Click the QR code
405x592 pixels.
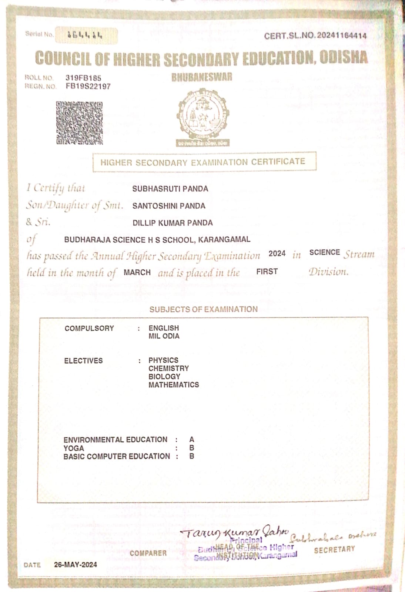pyautogui.click(x=79, y=123)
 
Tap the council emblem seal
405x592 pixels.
pyautogui.click(x=202, y=116)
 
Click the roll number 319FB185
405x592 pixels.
pyautogui.click(x=83, y=78)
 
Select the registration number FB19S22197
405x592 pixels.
pyautogui.click(x=88, y=87)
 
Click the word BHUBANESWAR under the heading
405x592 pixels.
pyautogui.click(x=202, y=77)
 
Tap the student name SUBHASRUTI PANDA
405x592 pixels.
pyautogui.click(x=170, y=189)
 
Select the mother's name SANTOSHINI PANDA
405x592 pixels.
pyautogui.click(x=169, y=206)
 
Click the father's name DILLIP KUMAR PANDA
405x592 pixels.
pyautogui.click(x=173, y=223)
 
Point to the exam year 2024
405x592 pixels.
pyautogui.click(x=277, y=253)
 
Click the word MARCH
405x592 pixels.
pyautogui.click(x=137, y=272)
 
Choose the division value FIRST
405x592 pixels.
pyautogui.click(x=267, y=272)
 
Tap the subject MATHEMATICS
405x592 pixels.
pyautogui.click(x=174, y=385)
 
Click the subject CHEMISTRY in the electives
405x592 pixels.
pyautogui.click(x=168, y=369)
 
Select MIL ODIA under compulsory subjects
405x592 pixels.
pyautogui.click(x=164, y=336)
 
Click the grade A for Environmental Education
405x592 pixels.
pyautogui.click(x=191, y=440)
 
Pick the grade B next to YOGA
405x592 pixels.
pyautogui.click(x=191, y=448)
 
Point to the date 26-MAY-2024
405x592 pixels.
pyautogui.click(x=76, y=565)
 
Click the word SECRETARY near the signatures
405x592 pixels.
pyautogui.click(x=334, y=550)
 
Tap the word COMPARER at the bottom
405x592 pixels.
pyautogui.click(x=148, y=553)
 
